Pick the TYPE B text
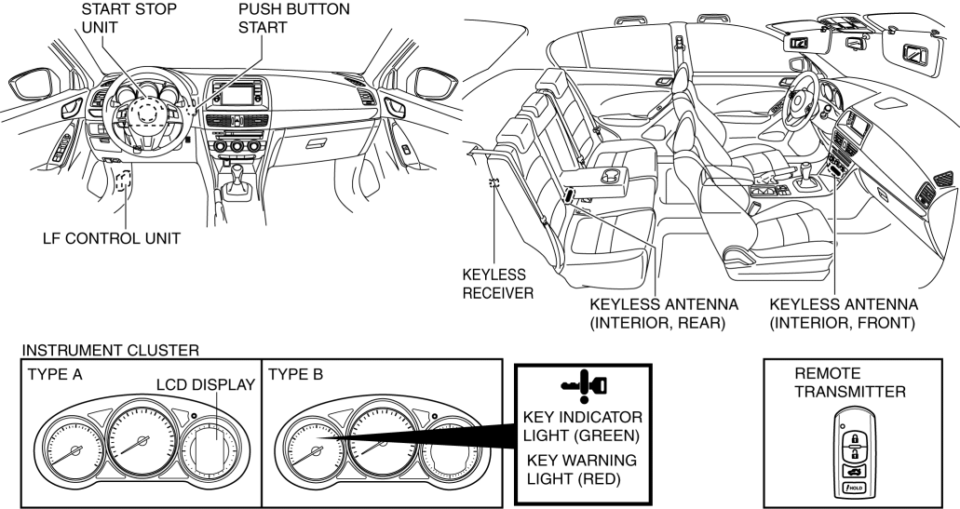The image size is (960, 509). pyautogui.click(x=296, y=373)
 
